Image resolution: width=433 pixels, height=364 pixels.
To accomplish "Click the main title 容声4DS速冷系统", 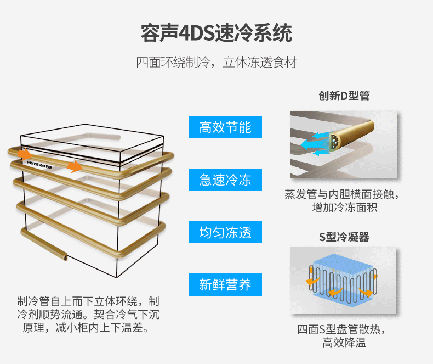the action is pyautogui.click(x=216, y=33).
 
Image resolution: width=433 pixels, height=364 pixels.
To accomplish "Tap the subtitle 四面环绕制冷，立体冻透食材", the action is pyautogui.click(x=216, y=62).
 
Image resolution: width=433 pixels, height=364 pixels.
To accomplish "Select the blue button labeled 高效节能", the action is pyautogui.click(x=225, y=127).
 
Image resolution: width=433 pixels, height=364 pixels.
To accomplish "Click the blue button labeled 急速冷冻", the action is pyautogui.click(x=225, y=180).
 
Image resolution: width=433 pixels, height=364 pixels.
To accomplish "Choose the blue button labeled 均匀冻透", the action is pyautogui.click(x=225, y=232).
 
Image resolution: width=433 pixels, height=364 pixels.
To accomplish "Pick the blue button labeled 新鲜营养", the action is pyautogui.click(x=225, y=284).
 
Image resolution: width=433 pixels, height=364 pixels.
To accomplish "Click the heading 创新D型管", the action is pyautogui.click(x=344, y=96).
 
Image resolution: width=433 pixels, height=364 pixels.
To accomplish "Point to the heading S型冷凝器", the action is pyautogui.click(x=344, y=237).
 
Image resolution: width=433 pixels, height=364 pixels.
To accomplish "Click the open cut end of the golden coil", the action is pyautogui.click(x=64, y=256).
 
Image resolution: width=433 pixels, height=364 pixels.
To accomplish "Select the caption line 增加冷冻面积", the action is pyautogui.click(x=344, y=208).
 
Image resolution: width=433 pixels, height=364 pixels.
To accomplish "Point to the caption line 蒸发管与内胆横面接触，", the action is pyautogui.click(x=344, y=194).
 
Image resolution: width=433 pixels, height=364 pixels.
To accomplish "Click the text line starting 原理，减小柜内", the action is pyautogui.click(x=85, y=328).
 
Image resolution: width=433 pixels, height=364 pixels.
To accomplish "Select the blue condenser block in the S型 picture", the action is pyautogui.click(x=343, y=273).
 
